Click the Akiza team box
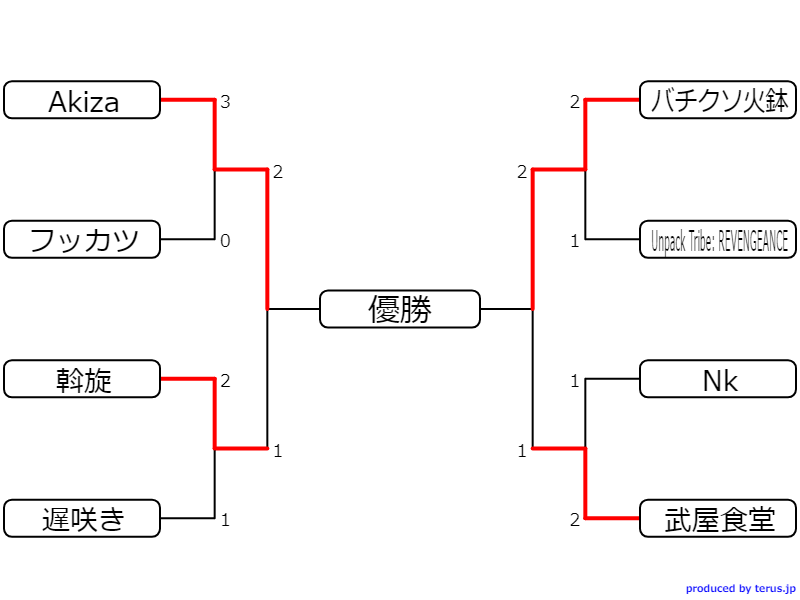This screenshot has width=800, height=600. point(82,100)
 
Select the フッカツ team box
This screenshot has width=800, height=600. point(82,240)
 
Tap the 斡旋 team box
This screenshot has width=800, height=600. point(82,379)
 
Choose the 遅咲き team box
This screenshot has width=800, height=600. point(82,518)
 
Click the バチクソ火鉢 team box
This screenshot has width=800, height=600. point(719,100)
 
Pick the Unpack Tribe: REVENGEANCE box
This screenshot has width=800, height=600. point(719,240)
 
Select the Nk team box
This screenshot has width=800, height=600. point(719,379)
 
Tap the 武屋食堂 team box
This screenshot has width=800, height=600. point(719,518)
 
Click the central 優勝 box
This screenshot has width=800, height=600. point(400,309)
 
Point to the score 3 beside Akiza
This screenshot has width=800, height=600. point(225,102)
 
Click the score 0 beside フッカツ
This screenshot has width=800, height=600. point(225,241)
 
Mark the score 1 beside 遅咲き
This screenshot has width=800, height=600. point(225,520)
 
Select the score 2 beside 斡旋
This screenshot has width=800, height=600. point(225,381)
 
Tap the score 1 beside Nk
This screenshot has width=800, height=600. point(575,381)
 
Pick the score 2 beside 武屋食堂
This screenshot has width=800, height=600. point(575,520)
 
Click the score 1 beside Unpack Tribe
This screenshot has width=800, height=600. point(575,241)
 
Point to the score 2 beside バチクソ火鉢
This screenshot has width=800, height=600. point(575,102)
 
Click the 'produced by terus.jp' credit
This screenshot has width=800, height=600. point(740,589)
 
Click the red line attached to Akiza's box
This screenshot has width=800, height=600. point(188,100)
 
